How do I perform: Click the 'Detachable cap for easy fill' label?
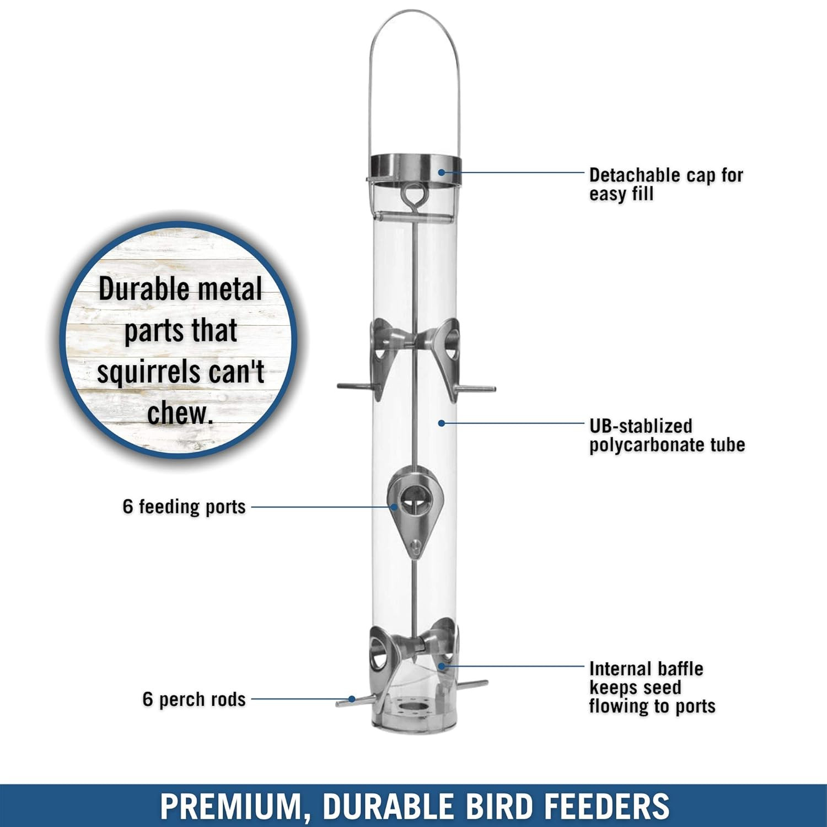point(666,185)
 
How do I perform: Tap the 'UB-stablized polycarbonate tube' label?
point(667,435)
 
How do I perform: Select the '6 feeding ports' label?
point(184,507)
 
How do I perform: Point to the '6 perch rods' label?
point(194,699)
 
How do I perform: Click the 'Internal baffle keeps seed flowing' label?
point(652,688)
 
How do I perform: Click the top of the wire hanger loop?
point(415,12)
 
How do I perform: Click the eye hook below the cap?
point(411,195)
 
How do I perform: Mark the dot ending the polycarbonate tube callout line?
point(441,423)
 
